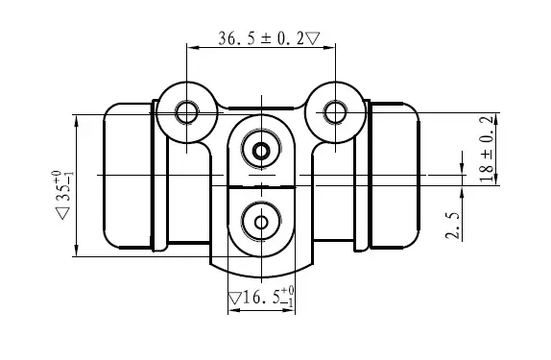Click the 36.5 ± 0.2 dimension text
(261, 38)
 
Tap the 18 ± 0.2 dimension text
(488, 149)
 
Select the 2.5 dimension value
(453, 226)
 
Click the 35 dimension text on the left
(63, 186)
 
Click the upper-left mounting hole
(186, 112)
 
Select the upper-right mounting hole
(335, 112)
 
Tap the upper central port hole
(261, 151)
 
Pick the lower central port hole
(261, 222)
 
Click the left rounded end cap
(128, 176)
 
